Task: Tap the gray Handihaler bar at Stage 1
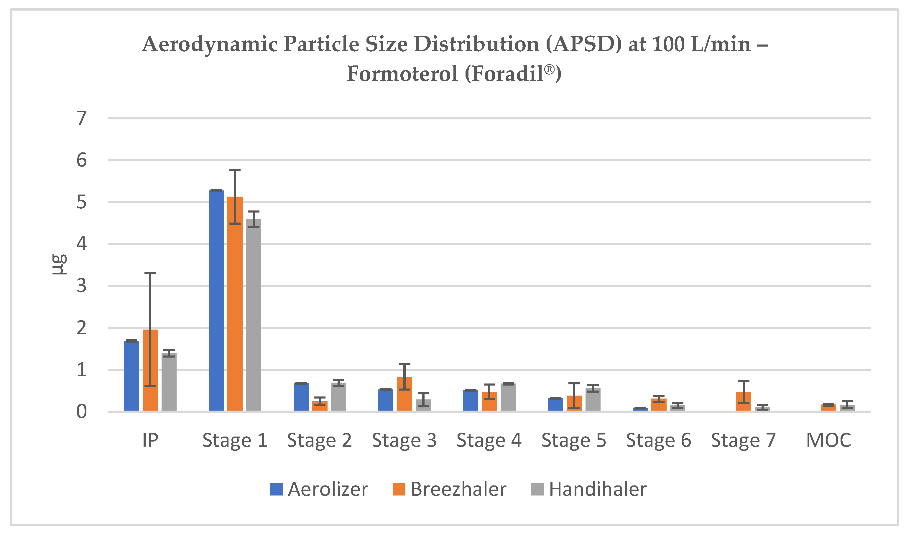[x=254, y=315]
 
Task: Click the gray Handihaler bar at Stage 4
[x=508, y=397]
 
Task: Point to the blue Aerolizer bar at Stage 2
[x=301, y=397]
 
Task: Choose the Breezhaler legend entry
[x=450, y=490]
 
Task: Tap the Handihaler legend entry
[x=589, y=490]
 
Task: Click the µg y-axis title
[x=58, y=265]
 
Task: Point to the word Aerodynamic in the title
[x=210, y=44]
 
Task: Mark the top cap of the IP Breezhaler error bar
[x=150, y=273]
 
